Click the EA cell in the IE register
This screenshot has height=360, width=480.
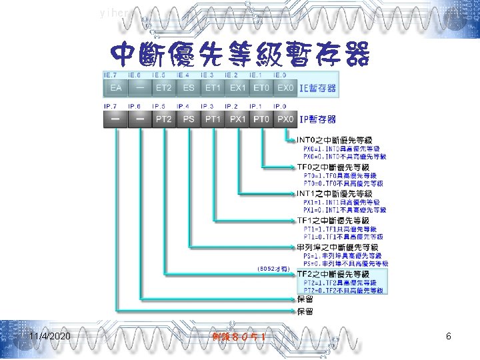tap(115, 88)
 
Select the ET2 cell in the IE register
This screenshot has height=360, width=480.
tap(163, 88)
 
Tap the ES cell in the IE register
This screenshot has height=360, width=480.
tap(189, 88)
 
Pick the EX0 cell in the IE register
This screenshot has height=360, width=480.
tap(285, 88)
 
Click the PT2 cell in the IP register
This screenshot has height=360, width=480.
tap(163, 119)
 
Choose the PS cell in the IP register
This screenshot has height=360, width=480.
tap(189, 119)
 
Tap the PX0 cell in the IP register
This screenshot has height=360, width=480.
tap(285, 119)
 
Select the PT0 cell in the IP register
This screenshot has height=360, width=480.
tap(261, 119)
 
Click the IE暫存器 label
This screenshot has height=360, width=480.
tap(317, 88)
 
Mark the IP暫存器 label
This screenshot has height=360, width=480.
tap(317, 119)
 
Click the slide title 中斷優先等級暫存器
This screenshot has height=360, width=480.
tap(239, 54)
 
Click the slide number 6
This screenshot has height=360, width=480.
tap(449, 337)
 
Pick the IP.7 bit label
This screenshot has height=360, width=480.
tap(111, 106)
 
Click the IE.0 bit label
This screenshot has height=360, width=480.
tap(281, 75)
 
